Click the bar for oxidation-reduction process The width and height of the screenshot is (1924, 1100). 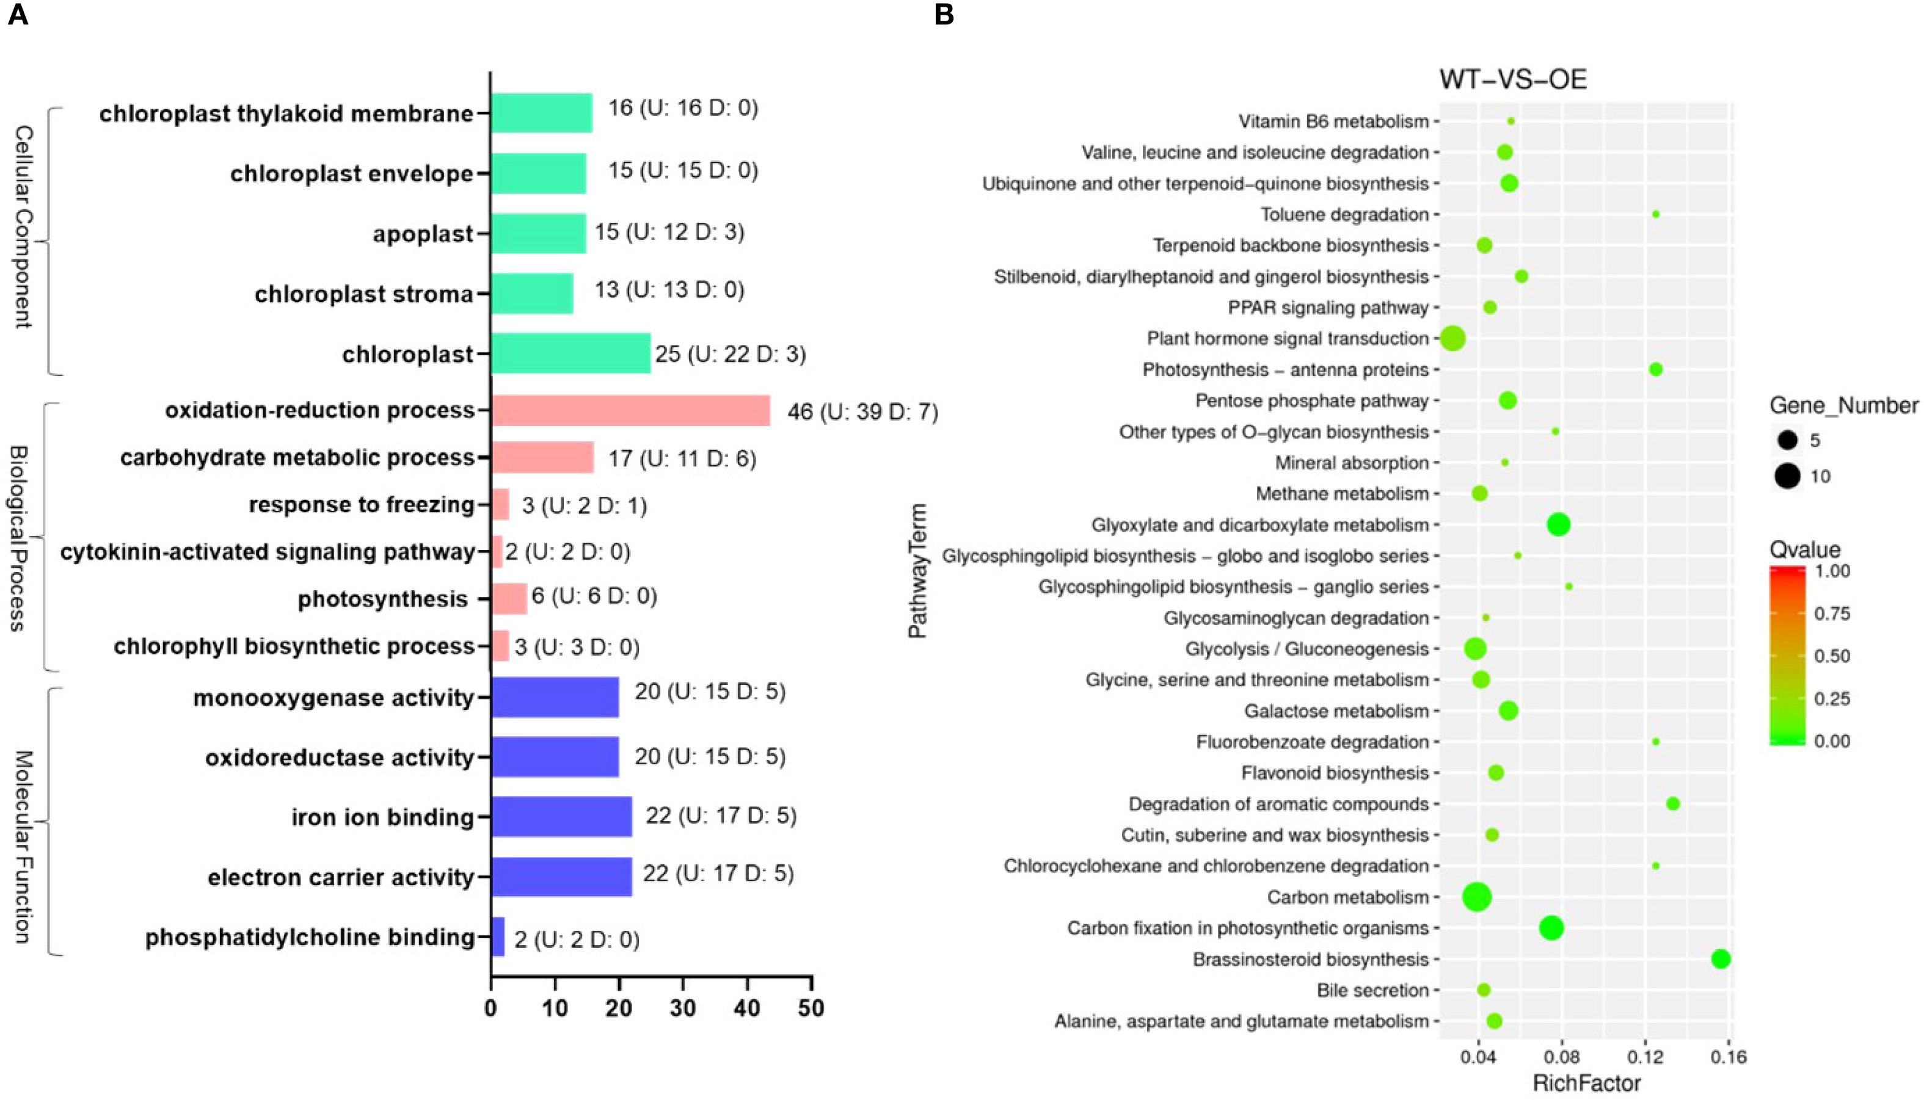pos(630,411)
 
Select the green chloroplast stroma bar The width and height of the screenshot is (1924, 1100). pos(532,293)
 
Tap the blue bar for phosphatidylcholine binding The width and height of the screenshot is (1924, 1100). pos(498,937)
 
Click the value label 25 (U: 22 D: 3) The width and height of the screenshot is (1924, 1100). pos(730,353)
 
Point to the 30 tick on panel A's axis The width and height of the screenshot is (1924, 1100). pos(683,1008)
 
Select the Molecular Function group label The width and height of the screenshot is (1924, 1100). pos(23,846)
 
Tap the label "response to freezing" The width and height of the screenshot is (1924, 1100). pos(362,505)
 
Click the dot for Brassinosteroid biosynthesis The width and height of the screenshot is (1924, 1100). pos(1721,960)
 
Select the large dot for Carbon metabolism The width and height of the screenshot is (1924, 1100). pos(1477,897)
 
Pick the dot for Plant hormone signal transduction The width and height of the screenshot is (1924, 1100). pos(1452,338)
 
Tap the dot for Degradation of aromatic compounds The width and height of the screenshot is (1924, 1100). pos(1672,804)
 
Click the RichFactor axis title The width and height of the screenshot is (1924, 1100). pos(1586,1084)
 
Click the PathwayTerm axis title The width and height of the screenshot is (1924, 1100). pos(917,571)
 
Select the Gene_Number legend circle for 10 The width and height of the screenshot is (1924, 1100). pos(1787,477)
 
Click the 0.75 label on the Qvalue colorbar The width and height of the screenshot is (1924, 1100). pos(1832,613)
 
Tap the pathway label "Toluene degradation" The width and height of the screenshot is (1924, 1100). pos(1344,214)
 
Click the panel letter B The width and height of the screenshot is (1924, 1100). pos(944,15)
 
